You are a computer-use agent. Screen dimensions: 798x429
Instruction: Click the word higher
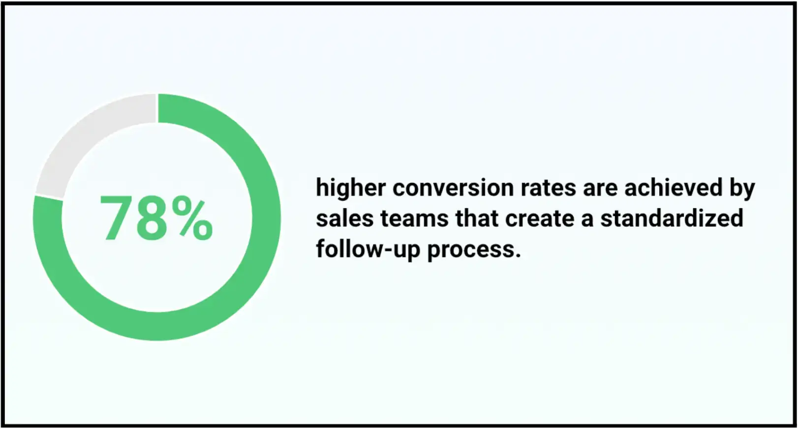tap(351, 188)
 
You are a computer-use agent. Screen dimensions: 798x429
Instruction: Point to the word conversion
tap(453, 187)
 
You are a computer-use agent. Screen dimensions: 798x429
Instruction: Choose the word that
tap(477, 218)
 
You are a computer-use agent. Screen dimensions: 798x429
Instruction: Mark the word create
tap(540, 218)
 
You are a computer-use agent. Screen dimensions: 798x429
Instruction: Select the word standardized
tap(672, 218)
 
